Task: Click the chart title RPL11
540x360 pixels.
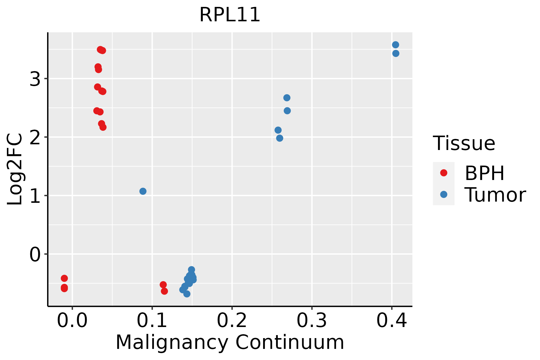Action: point(230,15)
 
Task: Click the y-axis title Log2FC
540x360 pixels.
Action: point(15,169)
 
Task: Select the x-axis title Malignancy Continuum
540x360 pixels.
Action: point(230,342)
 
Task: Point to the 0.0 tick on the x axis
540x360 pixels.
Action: point(72,321)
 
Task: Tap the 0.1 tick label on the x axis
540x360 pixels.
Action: point(152,321)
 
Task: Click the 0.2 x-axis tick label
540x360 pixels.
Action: point(232,321)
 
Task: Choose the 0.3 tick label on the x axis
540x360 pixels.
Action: point(312,321)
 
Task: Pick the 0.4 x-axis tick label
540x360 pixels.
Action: point(391,321)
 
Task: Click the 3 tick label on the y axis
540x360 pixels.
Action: point(35,79)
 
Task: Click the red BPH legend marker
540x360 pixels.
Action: point(443,173)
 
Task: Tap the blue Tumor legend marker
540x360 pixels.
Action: point(443,194)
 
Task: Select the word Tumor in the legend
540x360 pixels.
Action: point(495,195)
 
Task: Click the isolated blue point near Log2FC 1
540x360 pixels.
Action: point(143,191)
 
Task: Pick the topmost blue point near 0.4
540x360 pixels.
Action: point(395,45)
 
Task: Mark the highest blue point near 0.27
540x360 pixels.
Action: point(287,98)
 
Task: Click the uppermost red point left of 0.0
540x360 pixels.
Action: point(64,278)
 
